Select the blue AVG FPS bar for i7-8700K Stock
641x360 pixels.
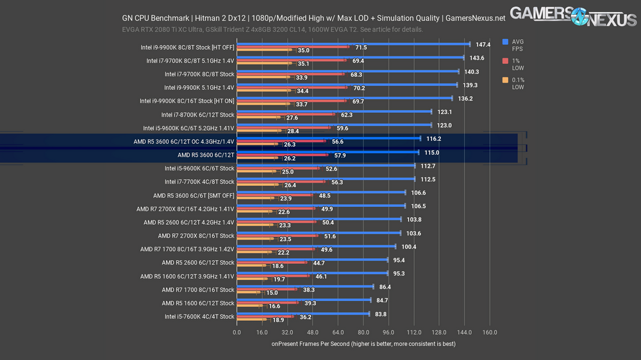tap(334, 111)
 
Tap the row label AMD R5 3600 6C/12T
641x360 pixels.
tap(206, 155)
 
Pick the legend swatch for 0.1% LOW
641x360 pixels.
tap(506, 80)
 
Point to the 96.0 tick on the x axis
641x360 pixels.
tap(388, 332)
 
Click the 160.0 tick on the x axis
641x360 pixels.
tap(489, 332)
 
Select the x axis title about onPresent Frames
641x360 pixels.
tap(363, 344)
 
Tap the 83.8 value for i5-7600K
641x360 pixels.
tap(380, 314)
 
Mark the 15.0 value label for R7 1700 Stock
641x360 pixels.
tap(272, 292)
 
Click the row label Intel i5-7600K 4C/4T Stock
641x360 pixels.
tap(199, 316)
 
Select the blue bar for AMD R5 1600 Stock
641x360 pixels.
tap(303, 300)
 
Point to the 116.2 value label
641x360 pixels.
tap(434, 138)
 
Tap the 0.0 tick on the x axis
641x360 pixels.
tap(237, 332)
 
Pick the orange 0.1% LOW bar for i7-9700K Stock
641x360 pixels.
tap(263, 78)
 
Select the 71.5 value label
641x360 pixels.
tap(361, 47)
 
